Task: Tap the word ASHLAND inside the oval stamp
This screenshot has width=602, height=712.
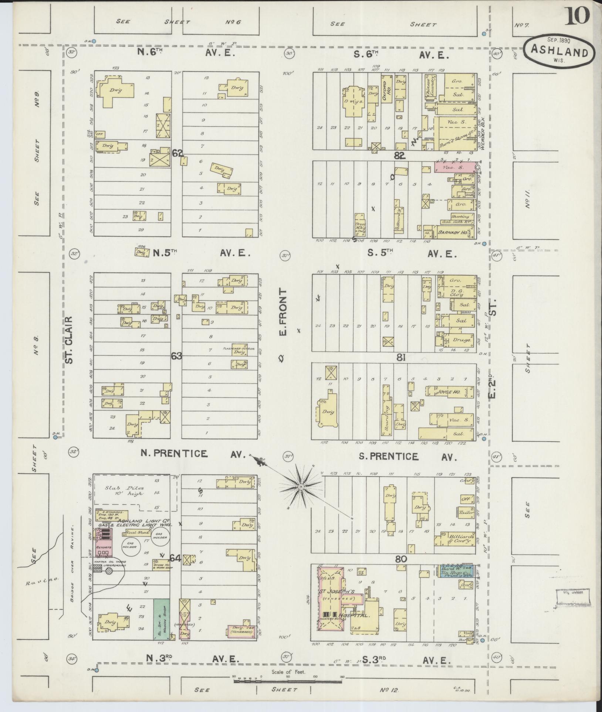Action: tap(559, 52)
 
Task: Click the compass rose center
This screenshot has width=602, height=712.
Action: tap(301, 487)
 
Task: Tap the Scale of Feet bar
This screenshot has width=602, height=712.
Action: tap(288, 681)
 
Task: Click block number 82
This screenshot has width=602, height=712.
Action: tap(400, 156)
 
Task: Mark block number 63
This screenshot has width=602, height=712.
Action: tap(177, 356)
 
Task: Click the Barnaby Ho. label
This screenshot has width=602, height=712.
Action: tap(452, 232)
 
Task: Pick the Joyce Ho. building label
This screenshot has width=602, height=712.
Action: tap(448, 392)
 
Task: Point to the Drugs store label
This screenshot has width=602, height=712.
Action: tap(462, 339)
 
